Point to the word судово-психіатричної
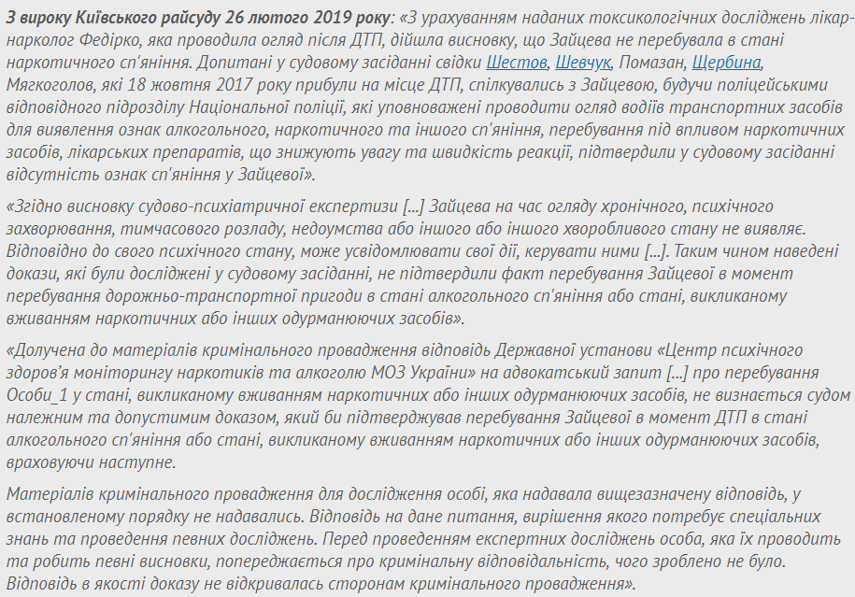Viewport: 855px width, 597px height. [214, 206]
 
